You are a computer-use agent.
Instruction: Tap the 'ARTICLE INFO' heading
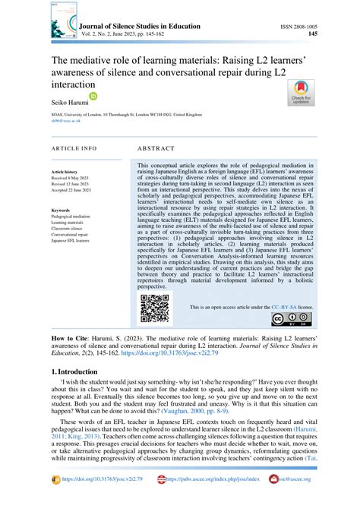(x=74, y=148)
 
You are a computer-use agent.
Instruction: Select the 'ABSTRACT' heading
(x=158, y=148)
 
